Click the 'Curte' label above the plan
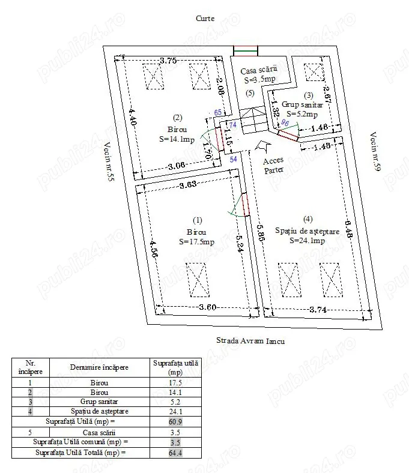pos(205,19)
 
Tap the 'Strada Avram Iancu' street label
pos(250,340)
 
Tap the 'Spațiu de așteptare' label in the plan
pos(308,231)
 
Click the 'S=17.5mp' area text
pos(196,242)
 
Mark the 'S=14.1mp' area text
pos(177,139)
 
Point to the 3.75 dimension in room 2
pos(168,60)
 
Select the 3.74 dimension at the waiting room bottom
pos(318,310)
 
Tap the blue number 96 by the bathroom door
pos(285,123)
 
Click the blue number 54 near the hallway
pos(234,158)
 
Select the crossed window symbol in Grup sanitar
pos(314,72)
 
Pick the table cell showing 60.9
pos(175,422)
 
